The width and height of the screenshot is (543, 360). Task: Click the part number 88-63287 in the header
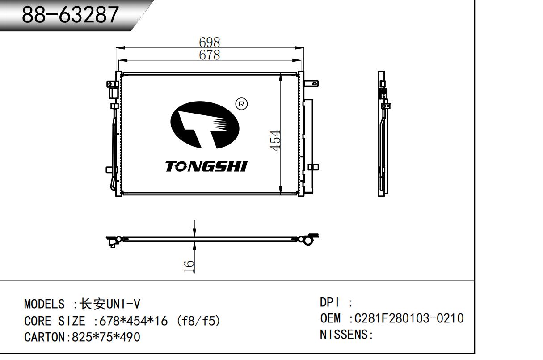point(70,15)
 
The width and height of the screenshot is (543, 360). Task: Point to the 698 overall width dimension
point(210,42)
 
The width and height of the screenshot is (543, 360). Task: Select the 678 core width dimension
point(210,55)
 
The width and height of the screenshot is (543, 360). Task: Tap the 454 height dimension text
point(275,141)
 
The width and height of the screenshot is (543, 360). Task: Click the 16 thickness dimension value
point(189,267)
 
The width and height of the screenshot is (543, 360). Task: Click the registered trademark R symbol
point(241,104)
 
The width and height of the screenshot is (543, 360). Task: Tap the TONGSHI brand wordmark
point(206,166)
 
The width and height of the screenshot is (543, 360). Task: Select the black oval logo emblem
point(205,125)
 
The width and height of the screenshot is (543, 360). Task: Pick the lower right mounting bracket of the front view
point(313,167)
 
